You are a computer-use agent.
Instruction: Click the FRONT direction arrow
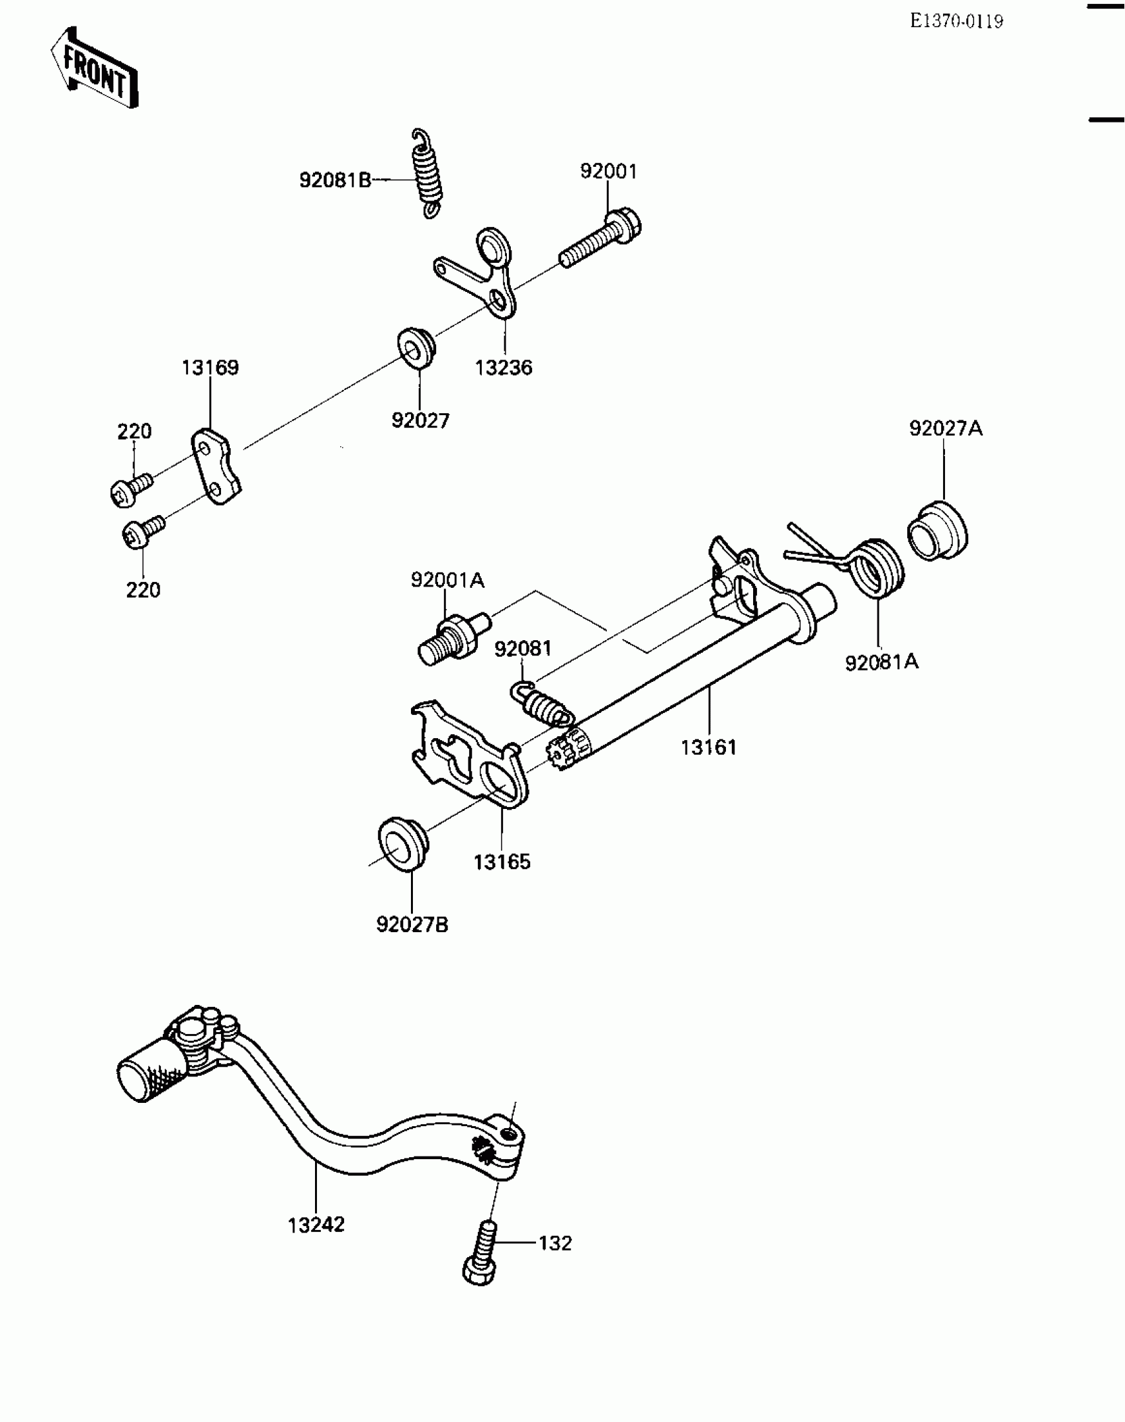pyautogui.click(x=94, y=68)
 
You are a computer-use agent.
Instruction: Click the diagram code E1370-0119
pyautogui.click(x=956, y=22)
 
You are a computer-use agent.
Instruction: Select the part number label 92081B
pyautogui.click(x=335, y=180)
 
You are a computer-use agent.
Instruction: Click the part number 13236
pyautogui.click(x=503, y=368)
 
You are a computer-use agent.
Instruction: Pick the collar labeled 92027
pyautogui.click(x=416, y=346)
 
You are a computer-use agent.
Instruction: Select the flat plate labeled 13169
pyautogui.click(x=216, y=466)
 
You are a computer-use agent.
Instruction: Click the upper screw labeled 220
pyautogui.click(x=131, y=488)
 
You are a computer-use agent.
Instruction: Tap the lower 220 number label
pyautogui.click(x=143, y=590)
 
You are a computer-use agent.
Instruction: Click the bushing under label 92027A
pyautogui.click(x=936, y=531)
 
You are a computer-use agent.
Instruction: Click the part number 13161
pyautogui.click(x=708, y=747)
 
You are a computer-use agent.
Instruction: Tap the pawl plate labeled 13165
pyautogui.click(x=467, y=752)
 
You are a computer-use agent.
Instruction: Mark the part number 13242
pyautogui.click(x=316, y=1225)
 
